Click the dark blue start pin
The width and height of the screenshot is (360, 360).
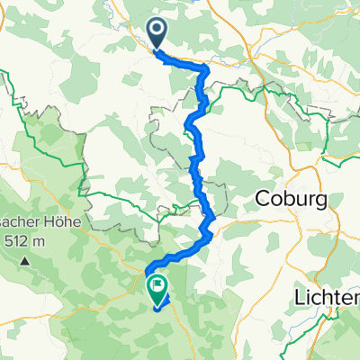(157, 33)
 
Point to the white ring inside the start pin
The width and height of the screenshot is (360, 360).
(157, 31)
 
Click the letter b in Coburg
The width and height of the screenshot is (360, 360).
(285, 198)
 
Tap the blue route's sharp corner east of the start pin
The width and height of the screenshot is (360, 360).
(208, 68)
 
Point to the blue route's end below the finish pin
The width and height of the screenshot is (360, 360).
(157, 307)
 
